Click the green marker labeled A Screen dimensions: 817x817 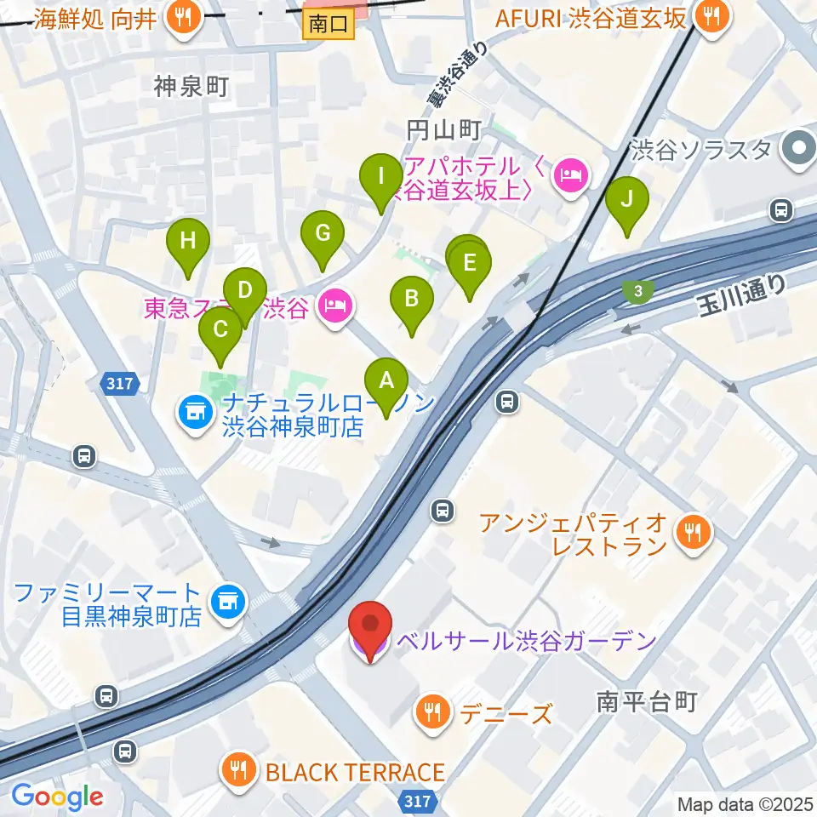coord(386,381)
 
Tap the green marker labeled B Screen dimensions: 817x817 coord(411,299)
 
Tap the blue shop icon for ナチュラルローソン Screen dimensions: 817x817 coord(195,414)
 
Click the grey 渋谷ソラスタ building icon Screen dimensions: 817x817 coord(800,149)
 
